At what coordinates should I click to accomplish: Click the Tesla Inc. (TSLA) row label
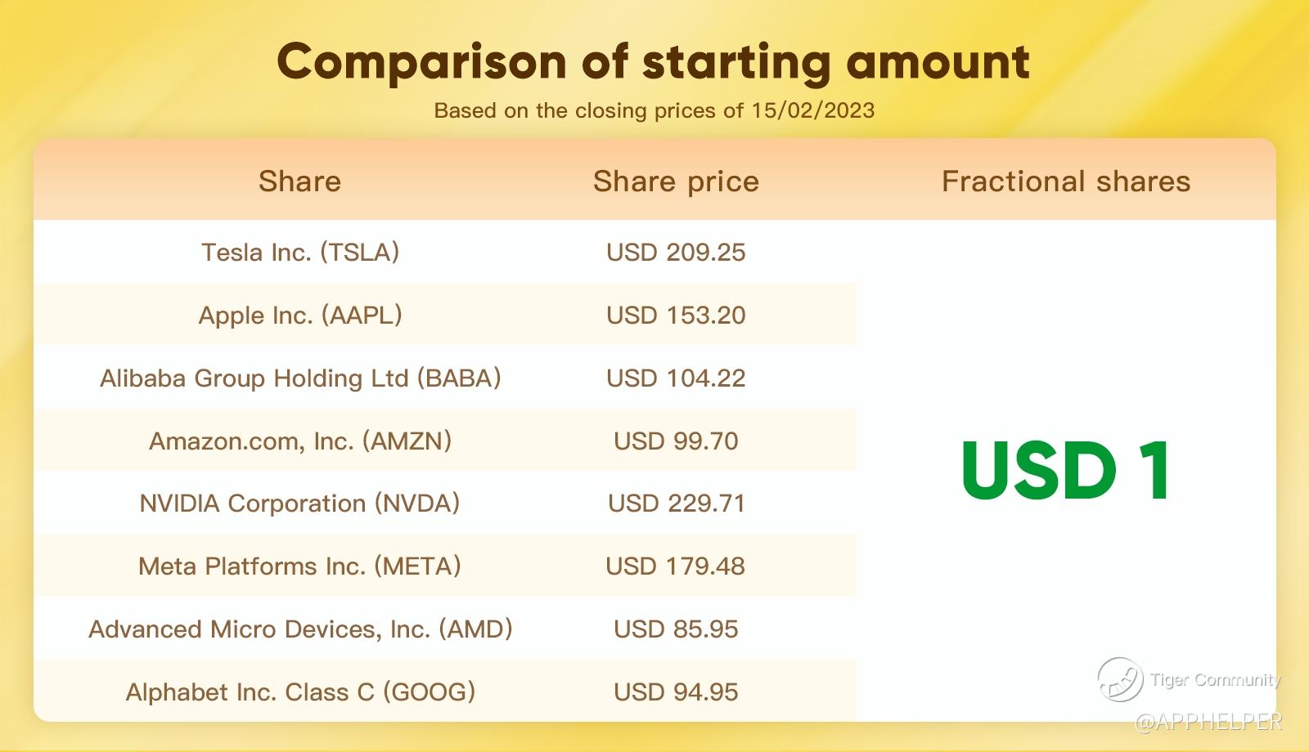tap(300, 253)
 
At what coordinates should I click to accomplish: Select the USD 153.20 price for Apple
tap(676, 316)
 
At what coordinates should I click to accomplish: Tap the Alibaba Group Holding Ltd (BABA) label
tap(300, 378)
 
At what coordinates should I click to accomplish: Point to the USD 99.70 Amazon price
tap(676, 441)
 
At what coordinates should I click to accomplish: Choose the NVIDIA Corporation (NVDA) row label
tap(299, 504)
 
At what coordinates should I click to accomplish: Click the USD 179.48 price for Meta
tap(676, 566)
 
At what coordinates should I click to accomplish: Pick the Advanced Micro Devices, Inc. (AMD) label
tap(300, 629)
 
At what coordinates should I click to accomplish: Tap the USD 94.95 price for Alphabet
tap(676, 692)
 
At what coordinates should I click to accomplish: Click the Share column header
tap(299, 181)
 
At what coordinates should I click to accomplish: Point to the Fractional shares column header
tap(1066, 181)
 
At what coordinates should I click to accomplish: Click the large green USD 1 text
tap(1066, 470)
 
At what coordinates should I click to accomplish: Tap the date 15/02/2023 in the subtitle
tap(813, 110)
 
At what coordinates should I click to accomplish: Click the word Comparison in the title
tap(422, 63)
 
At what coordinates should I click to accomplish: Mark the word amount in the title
tap(938, 63)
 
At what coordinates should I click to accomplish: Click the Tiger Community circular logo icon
tap(1120, 679)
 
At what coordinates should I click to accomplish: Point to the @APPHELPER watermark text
tap(1208, 723)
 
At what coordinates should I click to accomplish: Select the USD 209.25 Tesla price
tap(676, 253)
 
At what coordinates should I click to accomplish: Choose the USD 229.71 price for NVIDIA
tap(676, 504)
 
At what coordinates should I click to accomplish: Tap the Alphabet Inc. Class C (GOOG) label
tap(300, 692)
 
